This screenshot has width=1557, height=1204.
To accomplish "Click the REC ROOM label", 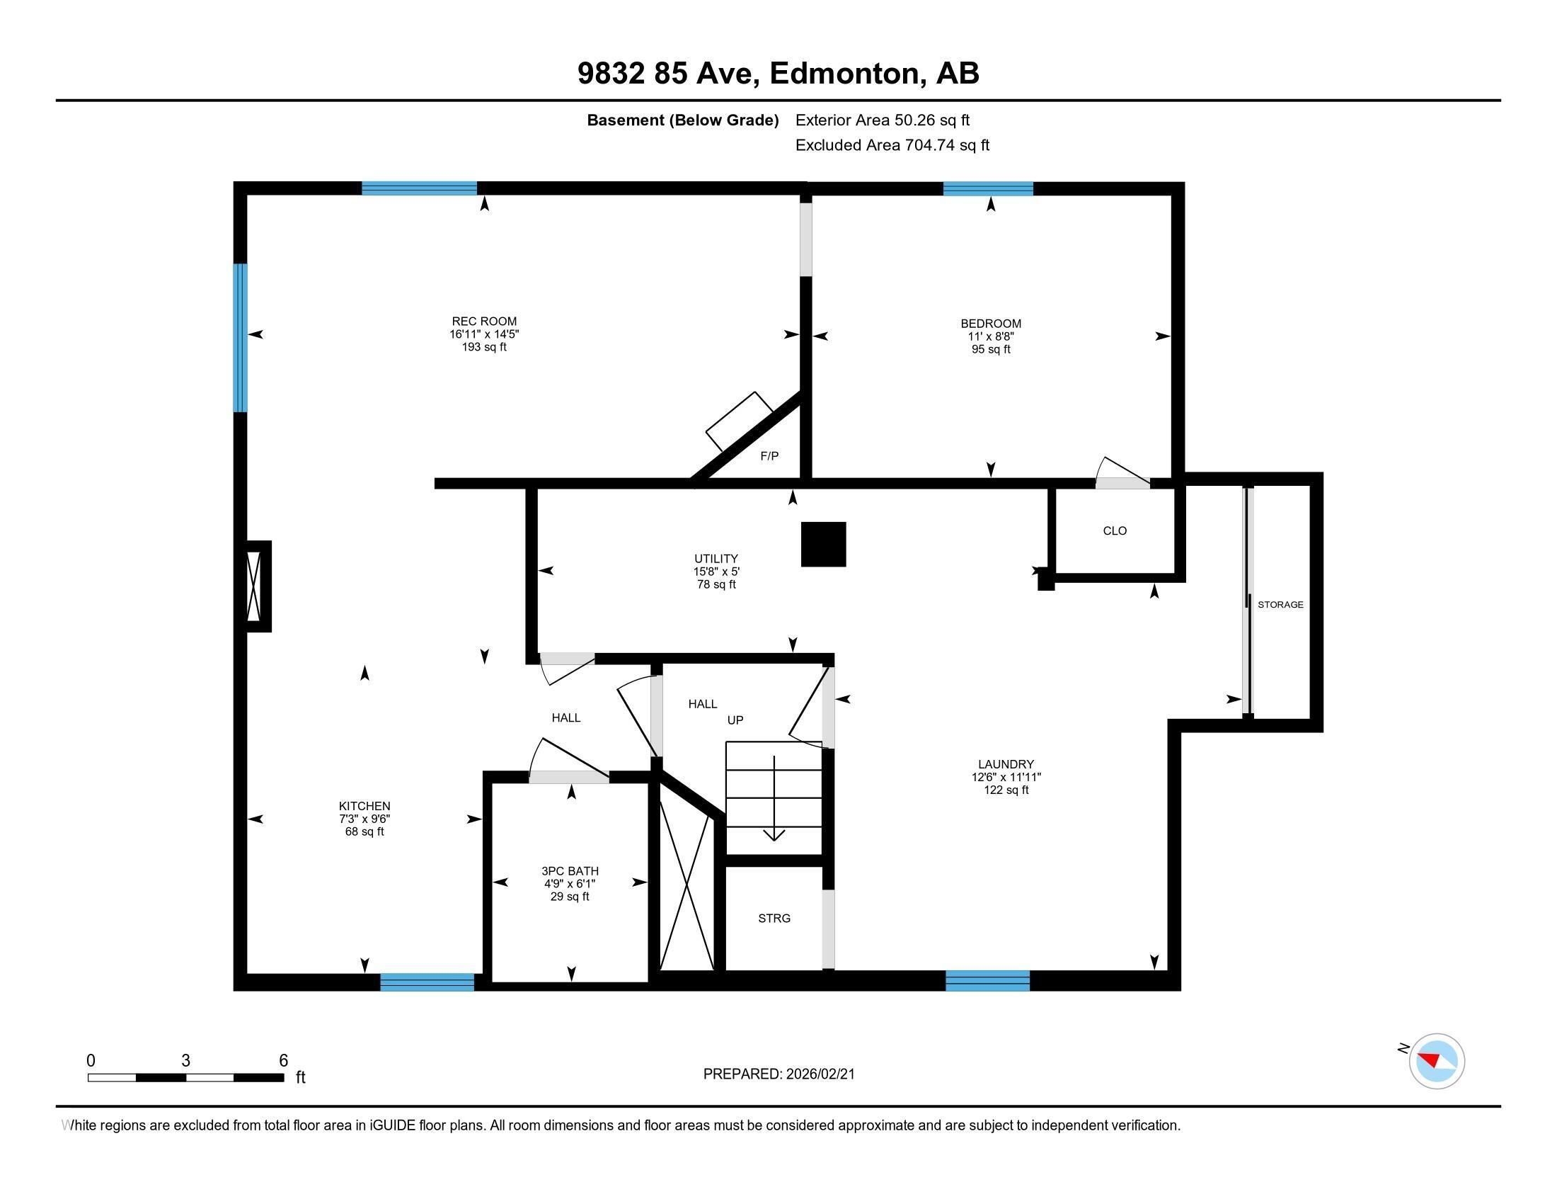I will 484,321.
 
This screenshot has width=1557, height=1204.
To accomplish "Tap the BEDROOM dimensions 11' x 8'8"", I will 990,336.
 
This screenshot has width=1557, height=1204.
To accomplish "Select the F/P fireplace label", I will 769,456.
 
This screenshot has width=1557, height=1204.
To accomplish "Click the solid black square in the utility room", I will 823,544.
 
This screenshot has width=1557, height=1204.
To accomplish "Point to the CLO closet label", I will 1114,530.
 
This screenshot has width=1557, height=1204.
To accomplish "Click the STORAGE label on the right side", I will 1280,604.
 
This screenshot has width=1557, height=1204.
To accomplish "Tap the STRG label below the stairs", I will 774,918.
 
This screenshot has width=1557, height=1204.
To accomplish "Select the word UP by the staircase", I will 735,720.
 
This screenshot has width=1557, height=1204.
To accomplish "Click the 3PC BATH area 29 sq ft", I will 570,897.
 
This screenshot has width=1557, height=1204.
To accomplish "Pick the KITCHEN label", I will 364,806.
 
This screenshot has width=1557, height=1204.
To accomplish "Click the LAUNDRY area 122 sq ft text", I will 1006,790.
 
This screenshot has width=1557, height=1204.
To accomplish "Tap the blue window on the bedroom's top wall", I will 987,189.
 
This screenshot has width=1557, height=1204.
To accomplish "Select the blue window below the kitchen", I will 427,982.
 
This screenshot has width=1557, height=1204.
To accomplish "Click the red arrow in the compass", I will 1430,1059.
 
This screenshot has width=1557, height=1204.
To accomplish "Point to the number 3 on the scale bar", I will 185,1061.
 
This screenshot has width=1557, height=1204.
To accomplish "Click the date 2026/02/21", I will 820,1074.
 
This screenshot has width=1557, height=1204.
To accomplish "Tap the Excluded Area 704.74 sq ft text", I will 892,145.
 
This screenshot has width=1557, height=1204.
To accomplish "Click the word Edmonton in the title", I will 844,74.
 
